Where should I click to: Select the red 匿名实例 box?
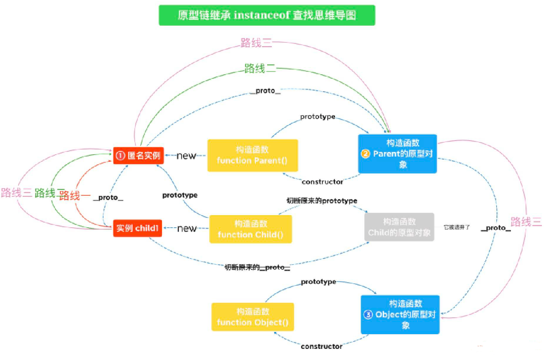pyautogui.click(x=138, y=155)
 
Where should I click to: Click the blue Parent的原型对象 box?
pyautogui.click(x=398, y=154)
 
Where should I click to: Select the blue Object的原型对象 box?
pyautogui.click(x=400, y=314)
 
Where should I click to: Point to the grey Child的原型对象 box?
pyautogui.click(x=400, y=227)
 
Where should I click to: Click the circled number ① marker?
pyautogui.click(x=121, y=156)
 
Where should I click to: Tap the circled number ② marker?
pyautogui.click(x=365, y=154)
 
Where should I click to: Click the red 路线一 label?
pyautogui.click(x=73, y=195)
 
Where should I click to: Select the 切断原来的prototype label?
pyautogui.click(x=322, y=200)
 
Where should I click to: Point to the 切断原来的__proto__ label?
pyautogui.click(x=258, y=267)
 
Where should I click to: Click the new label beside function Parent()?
pyautogui.click(x=186, y=156)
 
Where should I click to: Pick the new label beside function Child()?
pyautogui.click(x=186, y=229)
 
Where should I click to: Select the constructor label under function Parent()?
pyautogui.click(x=322, y=182)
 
